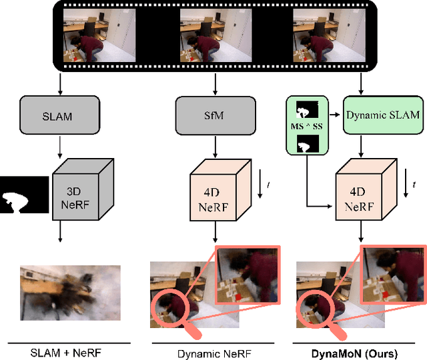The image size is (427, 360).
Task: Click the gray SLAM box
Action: click(61, 116)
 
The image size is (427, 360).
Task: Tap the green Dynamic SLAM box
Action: click(382, 115)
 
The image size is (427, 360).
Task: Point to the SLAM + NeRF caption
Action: click(59, 352)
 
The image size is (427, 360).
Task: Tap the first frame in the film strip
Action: click(99, 35)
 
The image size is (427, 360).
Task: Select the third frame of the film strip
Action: click(330, 35)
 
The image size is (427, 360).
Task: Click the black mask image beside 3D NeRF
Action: click(24, 194)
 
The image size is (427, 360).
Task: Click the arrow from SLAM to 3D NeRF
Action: click(61, 147)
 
